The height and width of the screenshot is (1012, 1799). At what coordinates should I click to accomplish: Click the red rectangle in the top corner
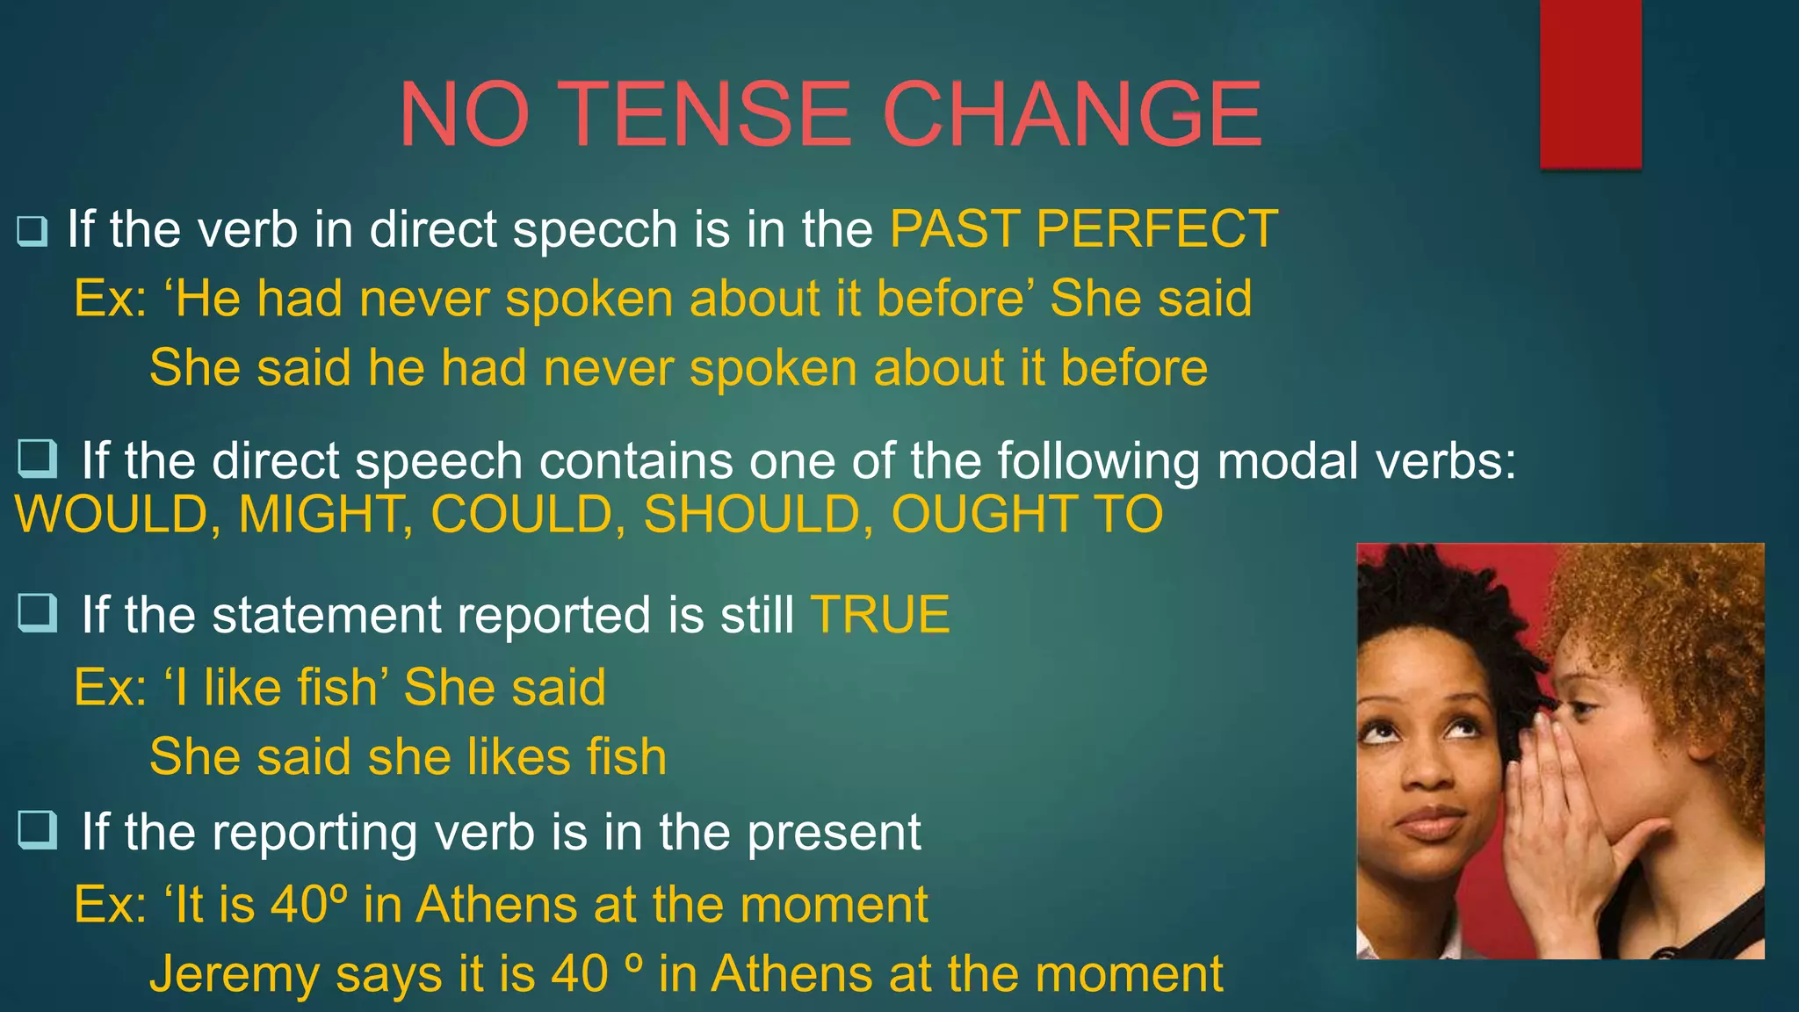pos(1590,83)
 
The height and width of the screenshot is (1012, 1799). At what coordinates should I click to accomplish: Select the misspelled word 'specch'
pos(595,230)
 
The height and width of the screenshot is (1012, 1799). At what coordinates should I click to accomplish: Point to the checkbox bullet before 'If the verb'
pos(32,231)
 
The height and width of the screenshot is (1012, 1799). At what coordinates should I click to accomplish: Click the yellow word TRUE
pos(879,614)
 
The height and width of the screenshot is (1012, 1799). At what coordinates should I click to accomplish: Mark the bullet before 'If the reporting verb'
pos(37,830)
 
